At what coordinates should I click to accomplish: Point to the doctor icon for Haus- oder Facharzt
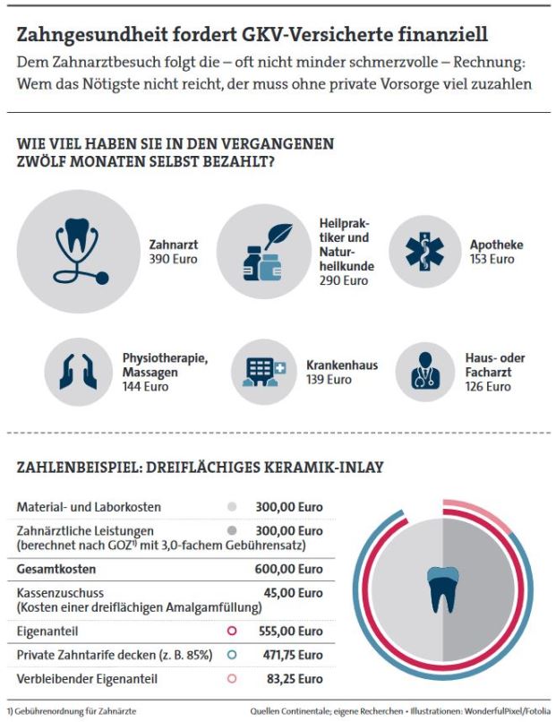(x=427, y=371)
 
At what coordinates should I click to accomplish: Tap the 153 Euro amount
(x=492, y=259)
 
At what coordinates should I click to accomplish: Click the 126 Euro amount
(x=488, y=387)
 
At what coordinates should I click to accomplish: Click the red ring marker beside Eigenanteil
(x=232, y=632)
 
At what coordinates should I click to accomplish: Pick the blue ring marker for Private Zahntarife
(x=232, y=655)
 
